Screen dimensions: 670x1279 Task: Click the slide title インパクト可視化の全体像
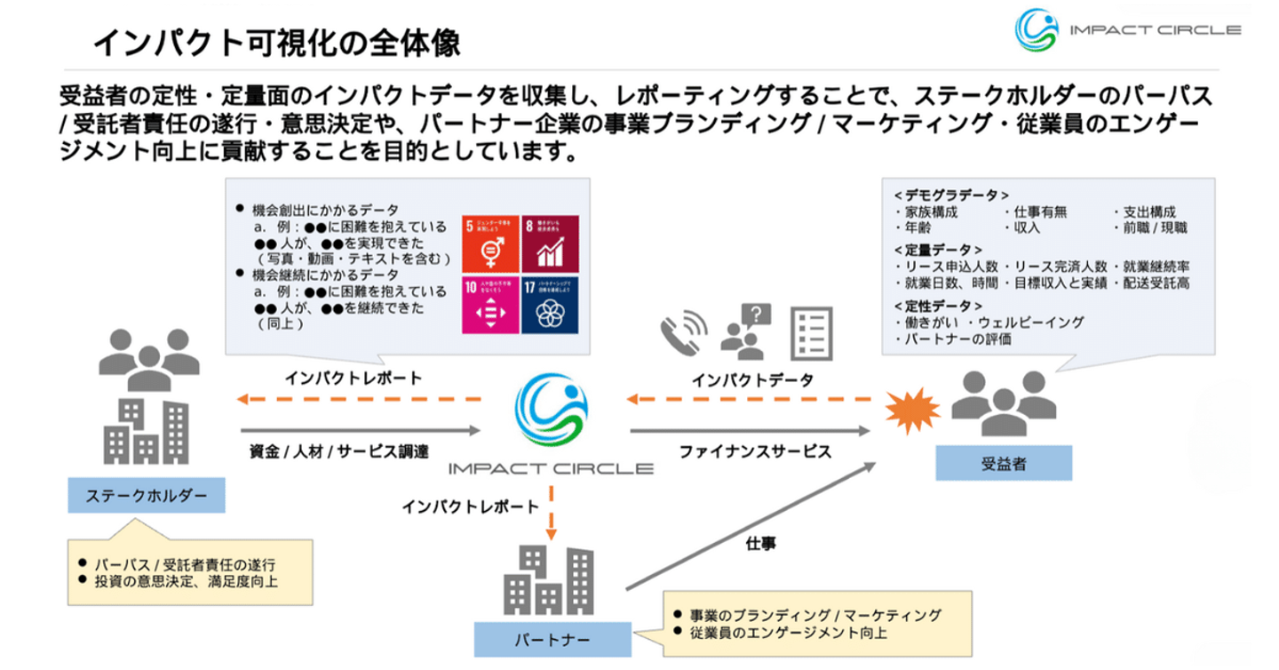[276, 41]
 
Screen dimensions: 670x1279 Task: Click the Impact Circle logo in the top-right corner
[1127, 30]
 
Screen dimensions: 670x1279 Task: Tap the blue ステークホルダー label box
[147, 496]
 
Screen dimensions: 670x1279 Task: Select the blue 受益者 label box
[1004, 462]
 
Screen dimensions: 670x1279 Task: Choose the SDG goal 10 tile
[489, 304]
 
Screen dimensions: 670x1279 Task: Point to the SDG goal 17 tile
[549, 304]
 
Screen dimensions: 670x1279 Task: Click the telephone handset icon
[683, 332]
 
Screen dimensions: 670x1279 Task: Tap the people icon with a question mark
[745, 331]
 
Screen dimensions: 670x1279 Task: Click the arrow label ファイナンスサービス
[755, 451]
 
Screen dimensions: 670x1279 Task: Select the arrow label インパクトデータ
[752, 380]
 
